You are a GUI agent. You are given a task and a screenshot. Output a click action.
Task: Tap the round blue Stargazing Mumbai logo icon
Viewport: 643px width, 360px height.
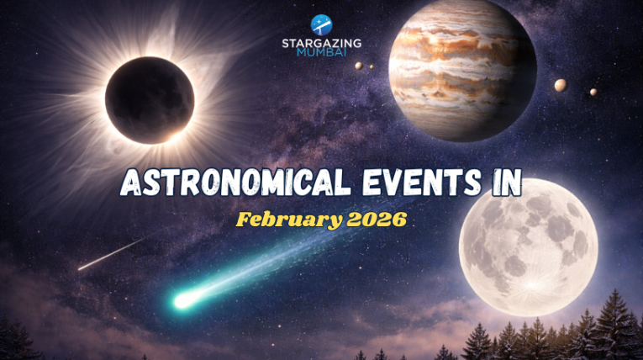321,24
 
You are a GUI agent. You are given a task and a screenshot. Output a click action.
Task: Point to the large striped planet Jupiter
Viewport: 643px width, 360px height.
462,59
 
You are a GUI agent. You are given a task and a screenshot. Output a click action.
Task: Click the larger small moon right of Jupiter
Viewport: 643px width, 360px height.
561,84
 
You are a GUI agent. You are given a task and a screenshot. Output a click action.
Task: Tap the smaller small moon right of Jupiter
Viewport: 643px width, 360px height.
593,92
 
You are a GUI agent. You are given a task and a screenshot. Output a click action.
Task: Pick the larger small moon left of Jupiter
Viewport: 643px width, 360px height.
359,66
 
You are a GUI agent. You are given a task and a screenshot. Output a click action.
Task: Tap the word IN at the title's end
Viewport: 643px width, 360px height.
503,182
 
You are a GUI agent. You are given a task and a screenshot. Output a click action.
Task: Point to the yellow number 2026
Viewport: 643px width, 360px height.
374,220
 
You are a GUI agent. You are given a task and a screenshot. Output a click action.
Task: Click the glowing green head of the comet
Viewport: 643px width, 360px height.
182,299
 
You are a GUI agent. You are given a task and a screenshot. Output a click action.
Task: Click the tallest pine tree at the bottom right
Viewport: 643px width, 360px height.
613,324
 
